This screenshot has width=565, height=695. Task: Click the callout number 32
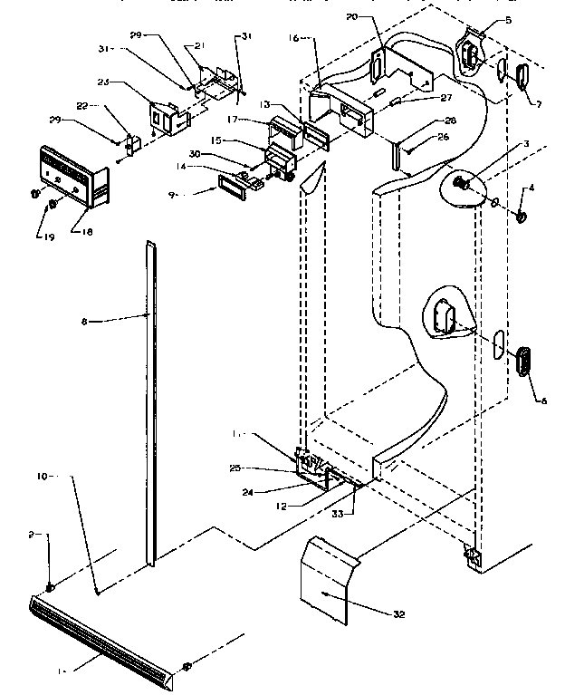click(x=399, y=614)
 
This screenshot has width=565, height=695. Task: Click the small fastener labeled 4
click(x=522, y=217)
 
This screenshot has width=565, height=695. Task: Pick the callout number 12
click(x=282, y=506)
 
